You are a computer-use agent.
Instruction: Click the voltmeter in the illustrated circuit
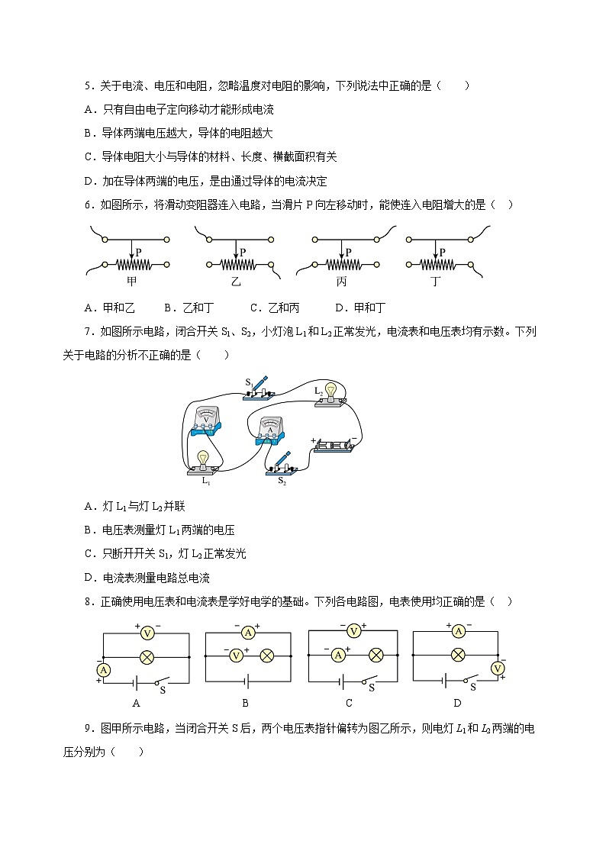pos(206,422)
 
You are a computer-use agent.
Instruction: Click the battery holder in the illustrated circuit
pos(334,446)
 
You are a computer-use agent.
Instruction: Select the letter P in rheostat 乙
pos(243,251)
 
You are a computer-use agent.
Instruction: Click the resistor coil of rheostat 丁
pos(435,265)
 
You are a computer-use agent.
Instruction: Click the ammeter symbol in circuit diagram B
pos(247,633)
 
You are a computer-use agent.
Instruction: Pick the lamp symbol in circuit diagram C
pos(376,655)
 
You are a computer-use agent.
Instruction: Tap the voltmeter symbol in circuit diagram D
pos(498,669)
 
